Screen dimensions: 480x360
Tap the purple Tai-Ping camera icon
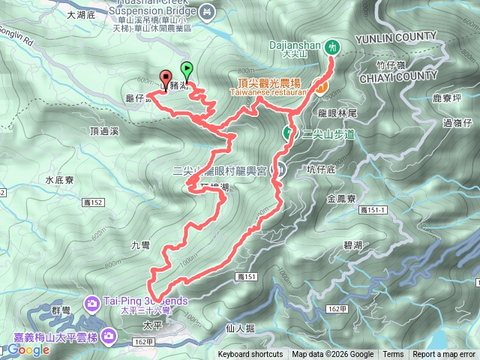point(92,302)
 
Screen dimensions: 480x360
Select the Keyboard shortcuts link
point(250,355)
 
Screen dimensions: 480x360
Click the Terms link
point(393,355)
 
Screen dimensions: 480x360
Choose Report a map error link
point(445,355)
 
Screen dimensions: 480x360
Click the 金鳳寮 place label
point(341,199)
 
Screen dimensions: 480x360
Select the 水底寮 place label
point(58,180)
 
